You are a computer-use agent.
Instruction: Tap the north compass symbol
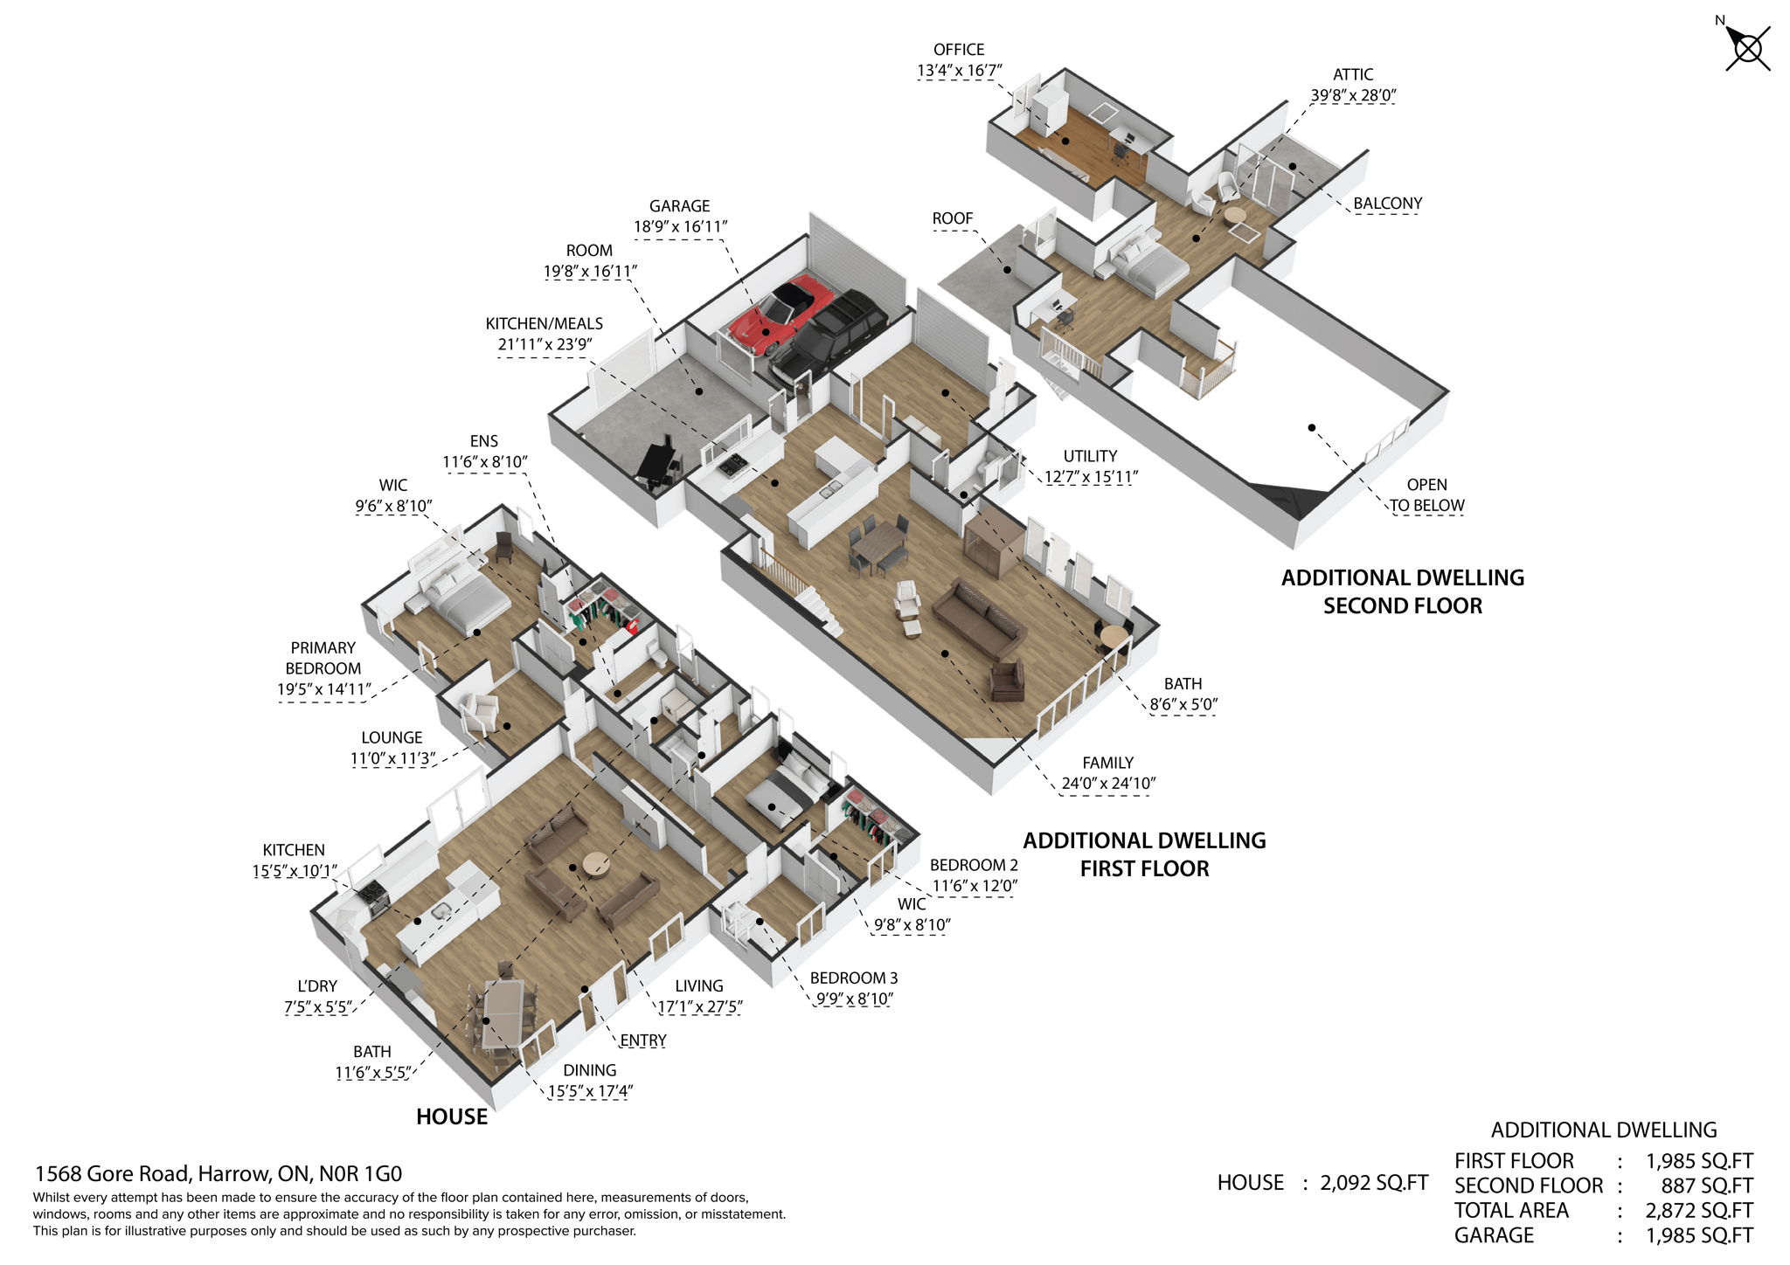coord(1746,47)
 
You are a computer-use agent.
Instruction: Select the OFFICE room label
coord(958,50)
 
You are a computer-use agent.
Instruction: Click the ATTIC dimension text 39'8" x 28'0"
coord(1352,95)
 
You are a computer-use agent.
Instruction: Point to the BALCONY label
coord(1387,204)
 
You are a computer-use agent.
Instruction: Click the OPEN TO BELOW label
coord(1426,494)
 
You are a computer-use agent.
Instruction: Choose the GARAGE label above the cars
coord(679,206)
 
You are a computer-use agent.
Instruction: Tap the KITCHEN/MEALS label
coord(544,323)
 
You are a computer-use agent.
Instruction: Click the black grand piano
coord(657,463)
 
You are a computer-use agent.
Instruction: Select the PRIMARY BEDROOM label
coord(323,658)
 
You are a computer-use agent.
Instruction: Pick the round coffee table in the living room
coord(597,863)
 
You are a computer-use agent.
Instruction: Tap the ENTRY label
coord(642,1040)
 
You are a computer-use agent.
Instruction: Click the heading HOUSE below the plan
coord(451,1116)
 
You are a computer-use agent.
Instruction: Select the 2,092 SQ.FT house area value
coord(1373,1183)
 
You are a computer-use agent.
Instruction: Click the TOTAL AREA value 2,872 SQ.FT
coord(1698,1210)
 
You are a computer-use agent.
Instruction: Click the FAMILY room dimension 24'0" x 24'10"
coord(1107,784)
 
